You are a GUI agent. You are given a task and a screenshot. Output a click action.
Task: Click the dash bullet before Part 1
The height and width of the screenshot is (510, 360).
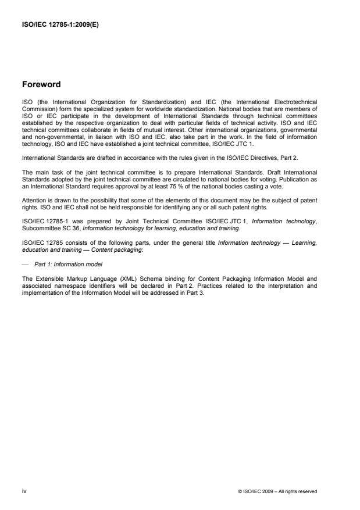pyautogui.click(x=26, y=231)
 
